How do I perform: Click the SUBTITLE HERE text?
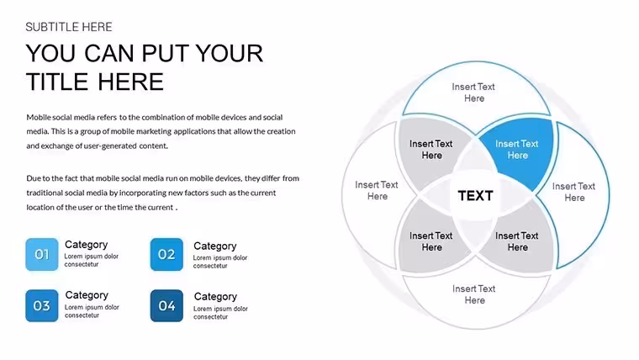pos(68,27)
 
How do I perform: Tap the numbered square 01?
pos(41,254)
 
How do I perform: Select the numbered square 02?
pos(166,254)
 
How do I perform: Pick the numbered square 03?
pos(41,306)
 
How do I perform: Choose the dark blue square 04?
pos(166,306)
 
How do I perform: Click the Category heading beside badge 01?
pos(87,245)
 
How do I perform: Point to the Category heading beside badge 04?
pos(215,296)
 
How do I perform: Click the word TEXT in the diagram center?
pos(475,196)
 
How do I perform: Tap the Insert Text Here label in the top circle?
pos(473,93)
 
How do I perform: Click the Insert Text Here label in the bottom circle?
pos(474,294)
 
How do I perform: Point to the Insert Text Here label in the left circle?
pos(377,190)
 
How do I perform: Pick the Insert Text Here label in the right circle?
pos(573,192)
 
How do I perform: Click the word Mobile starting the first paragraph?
pos(39,118)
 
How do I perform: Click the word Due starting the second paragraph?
pos(33,178)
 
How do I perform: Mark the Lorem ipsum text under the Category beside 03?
pos(92,311)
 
